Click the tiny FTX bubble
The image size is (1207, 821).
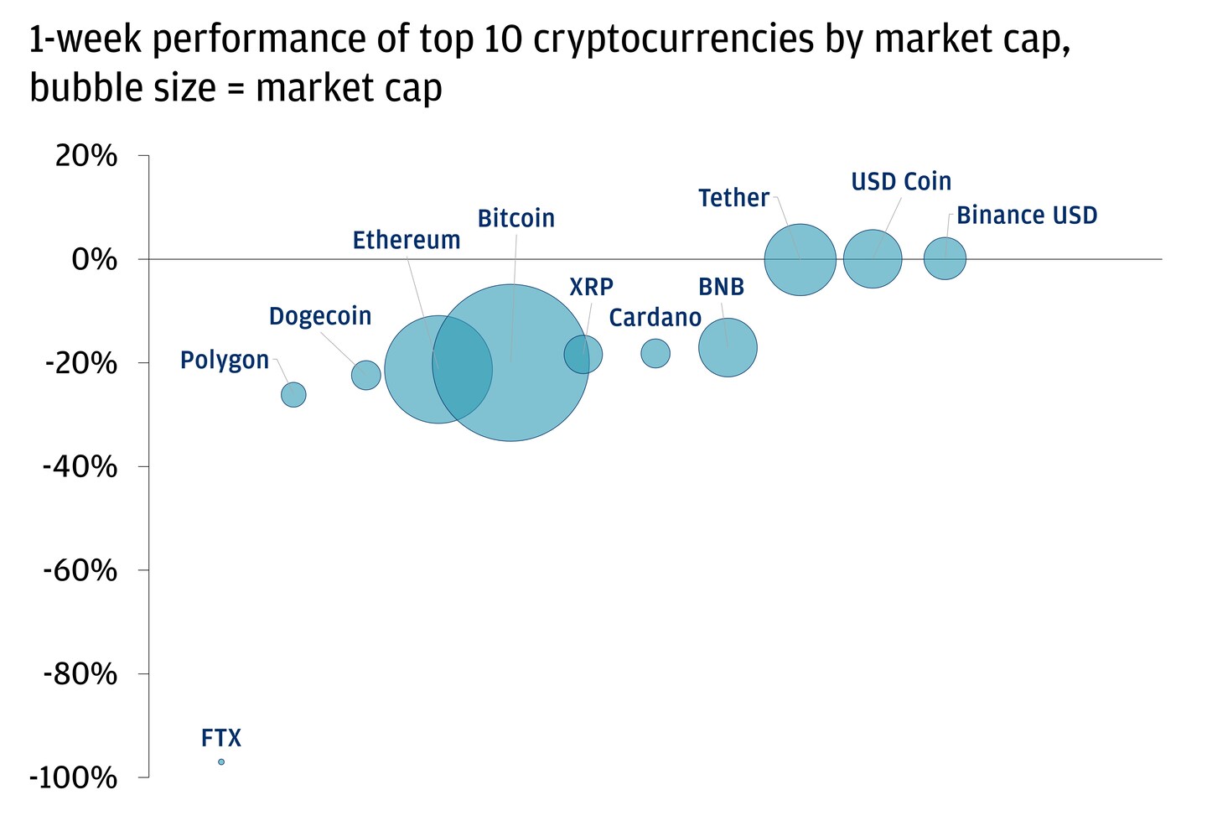221,761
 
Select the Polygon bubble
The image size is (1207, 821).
293,394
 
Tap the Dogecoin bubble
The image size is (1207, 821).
366,375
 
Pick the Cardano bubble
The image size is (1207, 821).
655,353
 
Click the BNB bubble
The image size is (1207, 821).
728,347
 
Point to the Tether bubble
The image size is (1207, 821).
800,260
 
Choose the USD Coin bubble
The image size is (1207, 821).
873,259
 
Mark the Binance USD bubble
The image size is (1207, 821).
945,259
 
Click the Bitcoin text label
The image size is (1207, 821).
515,219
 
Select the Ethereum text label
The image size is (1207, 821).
407,241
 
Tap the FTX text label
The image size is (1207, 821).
221,739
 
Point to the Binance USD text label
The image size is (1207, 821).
1027,216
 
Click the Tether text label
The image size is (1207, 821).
733,198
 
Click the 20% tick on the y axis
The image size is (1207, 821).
85,156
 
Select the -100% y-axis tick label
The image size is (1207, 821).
73,778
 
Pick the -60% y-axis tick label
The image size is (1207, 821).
80,571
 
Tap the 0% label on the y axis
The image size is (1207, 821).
94,260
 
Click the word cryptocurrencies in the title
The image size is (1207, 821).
673,39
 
